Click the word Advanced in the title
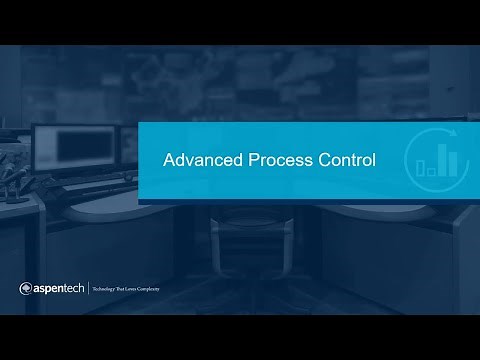pyautogui.click(x=199, y=160)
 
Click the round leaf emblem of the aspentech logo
pyautogui.click(x=27, y=290)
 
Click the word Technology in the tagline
pyautogui.click(x=107, y=291)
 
